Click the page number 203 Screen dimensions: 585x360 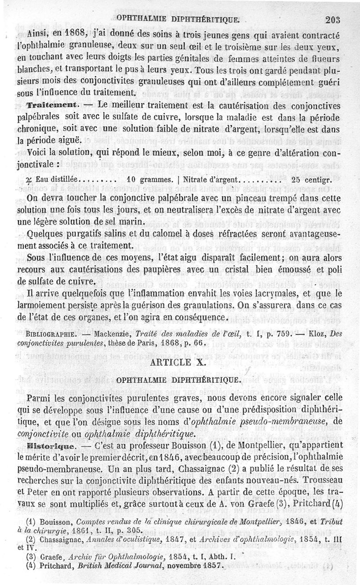[335, 19]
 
